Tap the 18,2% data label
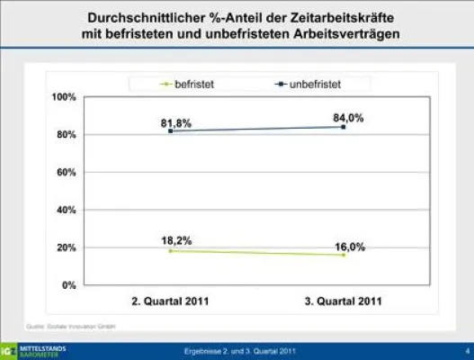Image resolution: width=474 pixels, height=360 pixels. coord(176,240)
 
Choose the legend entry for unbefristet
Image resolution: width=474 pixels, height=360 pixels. coord(301,84)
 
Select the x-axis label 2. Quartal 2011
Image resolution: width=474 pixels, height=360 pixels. coord(170,301)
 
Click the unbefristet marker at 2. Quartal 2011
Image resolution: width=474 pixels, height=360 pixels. coord(170,131)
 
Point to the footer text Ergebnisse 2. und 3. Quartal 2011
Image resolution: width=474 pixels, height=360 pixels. coord(237,349)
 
